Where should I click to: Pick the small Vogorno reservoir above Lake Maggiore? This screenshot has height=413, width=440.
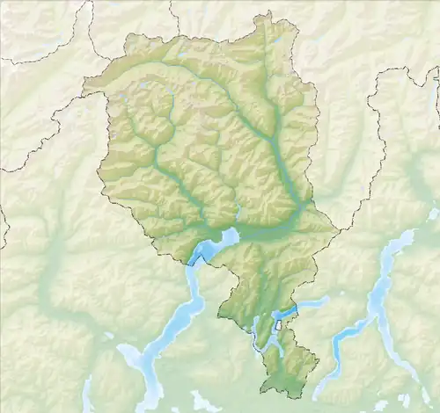(239, 212)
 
